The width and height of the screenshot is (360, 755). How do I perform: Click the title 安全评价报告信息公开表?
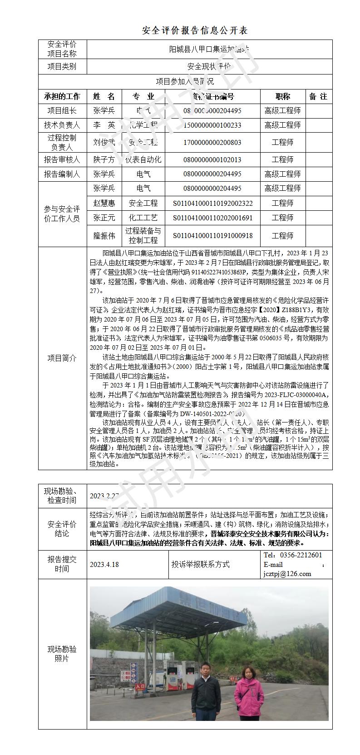[x=195, y=30]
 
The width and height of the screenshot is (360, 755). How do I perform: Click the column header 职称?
[x=282, y=96]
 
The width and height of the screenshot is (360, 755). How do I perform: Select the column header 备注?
[x=318, y=96]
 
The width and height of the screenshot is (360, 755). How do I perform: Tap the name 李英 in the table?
[x=104, y=125]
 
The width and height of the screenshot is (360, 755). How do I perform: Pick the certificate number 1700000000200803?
[x=212, y=142]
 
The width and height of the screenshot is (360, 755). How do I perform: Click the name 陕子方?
[x=104, y=159]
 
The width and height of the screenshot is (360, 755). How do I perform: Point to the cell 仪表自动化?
[x=143, y=159]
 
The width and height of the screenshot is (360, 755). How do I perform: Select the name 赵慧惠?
[x=104, y=203]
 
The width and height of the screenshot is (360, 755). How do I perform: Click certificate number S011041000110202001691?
[x=212, y=218]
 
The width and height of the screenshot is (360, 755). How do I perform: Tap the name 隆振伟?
[x=104, y=235]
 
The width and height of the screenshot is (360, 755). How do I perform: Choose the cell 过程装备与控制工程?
[x=143, y=235]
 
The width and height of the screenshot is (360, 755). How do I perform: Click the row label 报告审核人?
[x=62, y=159]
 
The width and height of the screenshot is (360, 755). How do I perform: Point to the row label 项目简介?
[x=62, y=358]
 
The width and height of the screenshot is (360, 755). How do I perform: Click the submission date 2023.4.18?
[x=104, y=564]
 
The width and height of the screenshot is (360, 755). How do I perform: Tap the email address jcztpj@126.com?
[x=287, y=574]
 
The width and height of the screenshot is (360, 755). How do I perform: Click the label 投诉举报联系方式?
[x=200, y=564]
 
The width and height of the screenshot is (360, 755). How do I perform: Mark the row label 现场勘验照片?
[x=62, y=654]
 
